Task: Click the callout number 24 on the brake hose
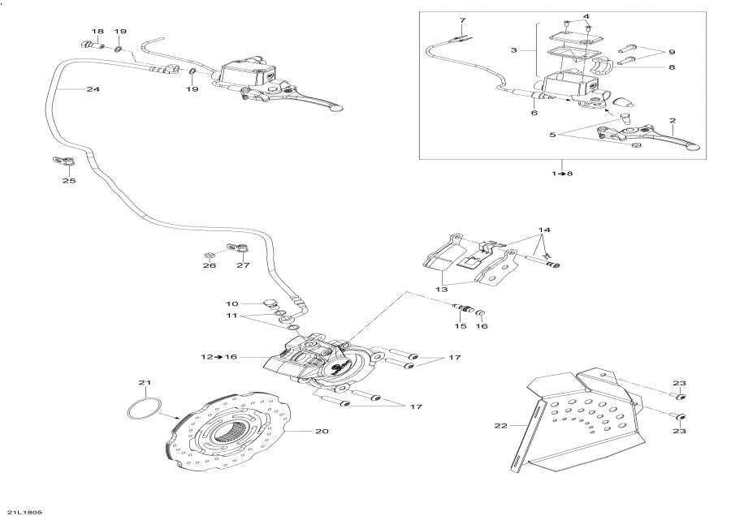coord(93,89)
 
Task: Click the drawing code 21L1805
coord(25,511)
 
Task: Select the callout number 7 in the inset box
coord(462,19)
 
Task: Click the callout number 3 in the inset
coord(513,50)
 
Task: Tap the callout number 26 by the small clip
coord(210,265)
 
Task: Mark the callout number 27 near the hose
coord(243,265)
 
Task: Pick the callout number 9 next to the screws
coord(672,53)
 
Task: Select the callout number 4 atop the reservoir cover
coord(586,16)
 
